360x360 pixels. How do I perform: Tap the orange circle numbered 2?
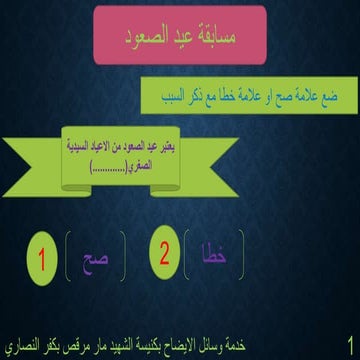click(162, 251)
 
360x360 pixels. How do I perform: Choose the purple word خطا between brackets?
click(214, 254)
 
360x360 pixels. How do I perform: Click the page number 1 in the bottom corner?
click(346, 342)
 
